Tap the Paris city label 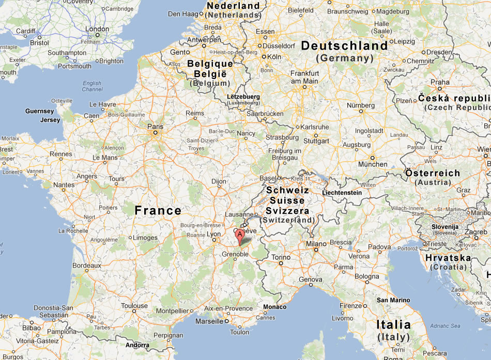(155, 127)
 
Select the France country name (158, 210)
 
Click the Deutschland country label (344, 46)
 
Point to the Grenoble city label (235, 254)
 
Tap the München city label (373, 164)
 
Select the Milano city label (317, 243)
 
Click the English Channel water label (92, 86)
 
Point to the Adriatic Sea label (445, 326)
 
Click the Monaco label (274, 307)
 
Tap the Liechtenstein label (342, 193)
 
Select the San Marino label (393, 300)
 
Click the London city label (97, 29)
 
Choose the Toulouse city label (134, 306)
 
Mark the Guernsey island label (39, 111)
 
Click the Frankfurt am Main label (304, 77)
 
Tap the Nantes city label (64, 185)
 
